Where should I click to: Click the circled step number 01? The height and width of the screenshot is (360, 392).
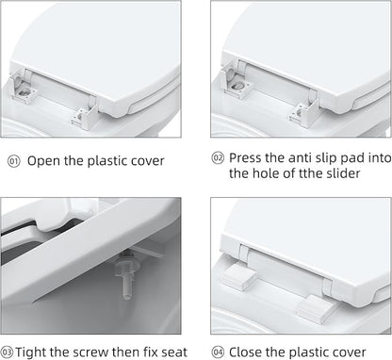tap(14, 161)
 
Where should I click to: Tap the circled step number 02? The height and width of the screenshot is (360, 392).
tap(218, 157)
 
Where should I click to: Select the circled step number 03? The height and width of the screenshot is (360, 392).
tap(7, 352)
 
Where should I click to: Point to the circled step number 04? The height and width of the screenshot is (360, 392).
tap(218, 352)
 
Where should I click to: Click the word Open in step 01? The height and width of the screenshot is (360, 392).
tap(43, 162)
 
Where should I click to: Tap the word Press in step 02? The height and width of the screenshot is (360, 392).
tap(245, 157)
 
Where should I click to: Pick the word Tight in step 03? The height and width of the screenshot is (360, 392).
tap(29, 352)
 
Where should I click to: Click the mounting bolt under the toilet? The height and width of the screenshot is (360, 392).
tap(126, 274)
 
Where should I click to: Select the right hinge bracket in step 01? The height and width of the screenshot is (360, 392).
tap(85, 117)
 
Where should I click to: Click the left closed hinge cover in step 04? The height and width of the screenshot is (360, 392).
tap(239, 277)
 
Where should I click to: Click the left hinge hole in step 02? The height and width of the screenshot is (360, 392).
tap(237, 86)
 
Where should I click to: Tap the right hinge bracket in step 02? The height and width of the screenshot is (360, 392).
tap(303, 114)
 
